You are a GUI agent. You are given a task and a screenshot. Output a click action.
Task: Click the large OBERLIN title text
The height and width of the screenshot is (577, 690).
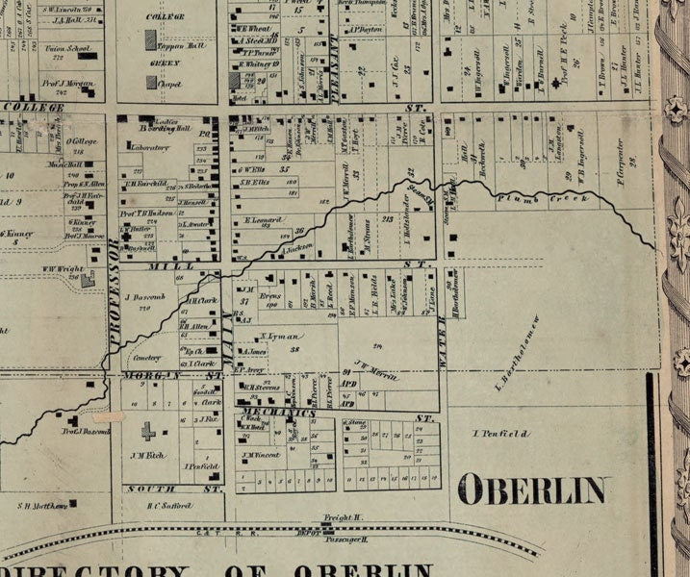point(532,489)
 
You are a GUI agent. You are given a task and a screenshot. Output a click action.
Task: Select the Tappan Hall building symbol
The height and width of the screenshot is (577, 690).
point(150,40)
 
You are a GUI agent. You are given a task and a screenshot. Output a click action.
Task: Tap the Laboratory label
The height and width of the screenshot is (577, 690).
point(145,148)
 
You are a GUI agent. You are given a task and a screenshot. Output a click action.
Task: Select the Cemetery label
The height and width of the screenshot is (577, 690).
point(144,356)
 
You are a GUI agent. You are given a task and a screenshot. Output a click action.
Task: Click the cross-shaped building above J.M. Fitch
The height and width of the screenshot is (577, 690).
point(148,431)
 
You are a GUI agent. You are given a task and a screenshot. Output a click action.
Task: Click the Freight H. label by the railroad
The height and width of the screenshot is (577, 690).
point(342,517)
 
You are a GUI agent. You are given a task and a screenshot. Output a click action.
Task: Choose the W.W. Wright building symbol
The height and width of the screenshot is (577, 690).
point(88,280)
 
